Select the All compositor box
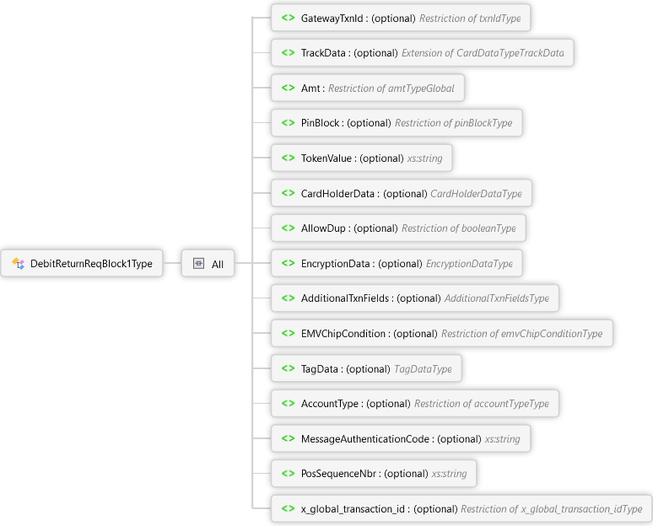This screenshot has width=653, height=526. point(208,264)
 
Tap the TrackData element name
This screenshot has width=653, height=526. point(324,53)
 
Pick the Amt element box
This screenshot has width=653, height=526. point(368,88)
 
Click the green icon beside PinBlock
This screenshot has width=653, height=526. point(288,123)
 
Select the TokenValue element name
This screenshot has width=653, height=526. point(327,158)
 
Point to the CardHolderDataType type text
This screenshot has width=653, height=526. point(476,194)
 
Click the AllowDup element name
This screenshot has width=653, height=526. point(325,228)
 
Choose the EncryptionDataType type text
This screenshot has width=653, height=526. point(468,264)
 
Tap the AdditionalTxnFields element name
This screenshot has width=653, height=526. point(346,298)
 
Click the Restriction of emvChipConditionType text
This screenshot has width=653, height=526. point(521,334)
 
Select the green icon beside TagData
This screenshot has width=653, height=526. point(288,368)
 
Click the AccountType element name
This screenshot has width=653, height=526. point(330,404)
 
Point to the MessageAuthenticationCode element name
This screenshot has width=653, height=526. point(367,439)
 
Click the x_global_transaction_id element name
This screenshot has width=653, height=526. point(354,509)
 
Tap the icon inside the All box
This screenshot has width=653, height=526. point(198,264)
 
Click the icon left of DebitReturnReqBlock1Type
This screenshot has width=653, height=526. point(18,264)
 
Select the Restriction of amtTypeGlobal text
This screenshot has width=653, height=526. point(391,88)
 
